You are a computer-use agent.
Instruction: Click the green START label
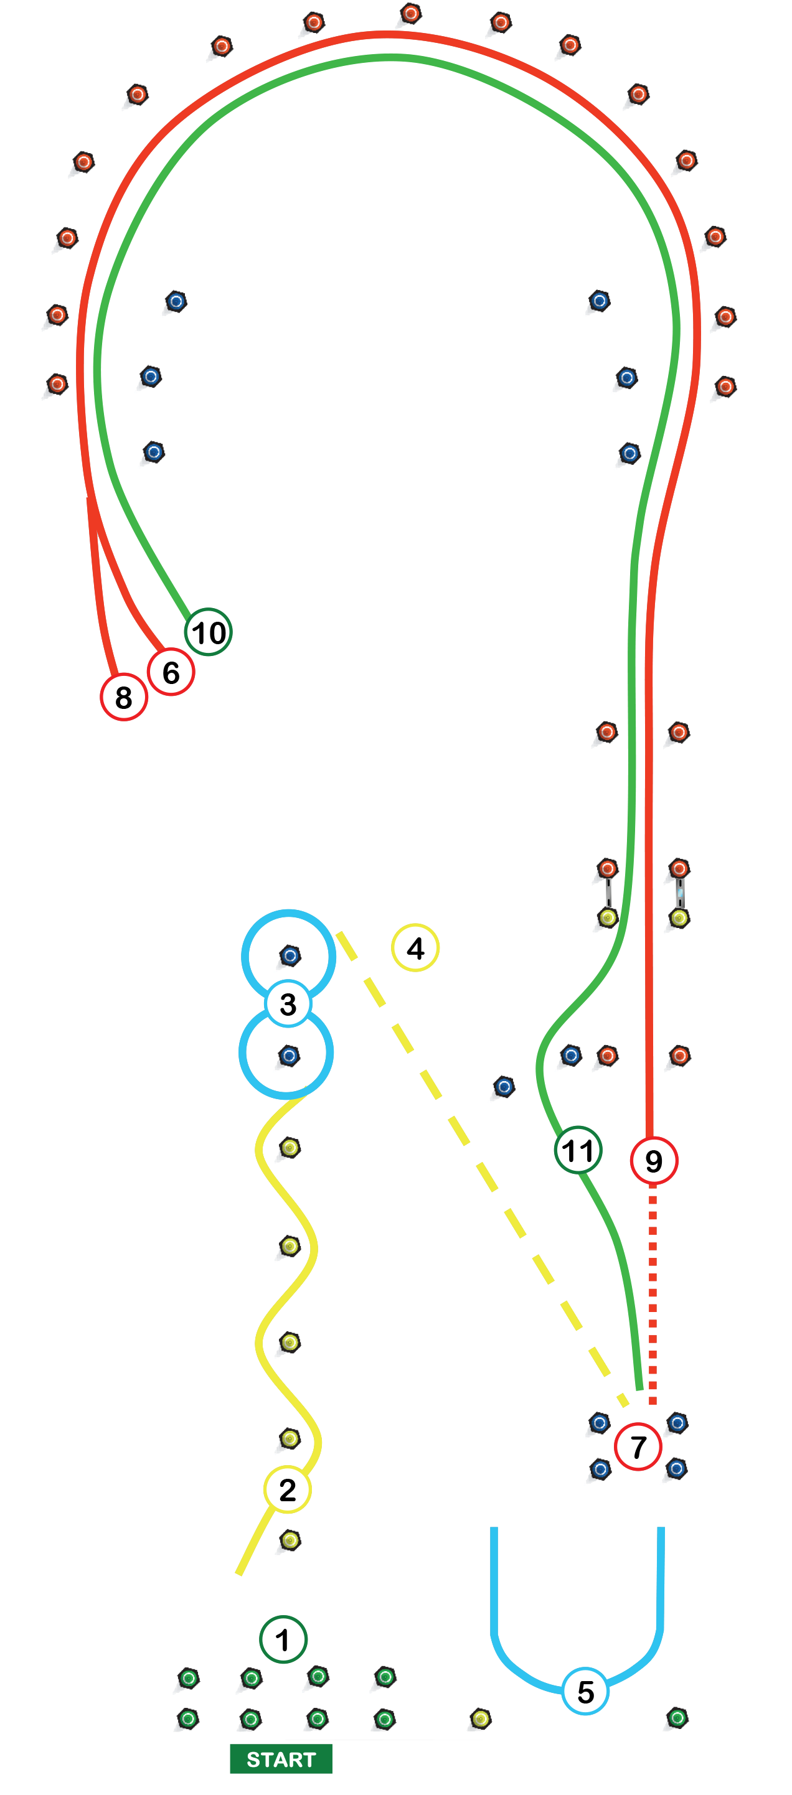280,1759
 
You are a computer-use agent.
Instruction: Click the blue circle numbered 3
288,1004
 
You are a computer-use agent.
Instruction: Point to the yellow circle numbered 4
415,948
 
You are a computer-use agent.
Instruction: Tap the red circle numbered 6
171,672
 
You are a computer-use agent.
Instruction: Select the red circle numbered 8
123,697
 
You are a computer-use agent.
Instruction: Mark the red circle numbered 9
653,1160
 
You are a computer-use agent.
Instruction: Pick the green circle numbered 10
208,632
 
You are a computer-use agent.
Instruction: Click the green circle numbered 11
578,1150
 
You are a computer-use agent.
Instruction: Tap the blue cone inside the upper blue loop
290,956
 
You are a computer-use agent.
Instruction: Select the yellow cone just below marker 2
290,1540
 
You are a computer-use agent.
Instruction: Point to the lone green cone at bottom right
676,1718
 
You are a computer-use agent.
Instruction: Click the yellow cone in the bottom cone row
479,1719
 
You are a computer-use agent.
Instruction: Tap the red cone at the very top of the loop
409,14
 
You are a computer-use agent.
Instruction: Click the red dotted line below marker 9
653,1296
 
